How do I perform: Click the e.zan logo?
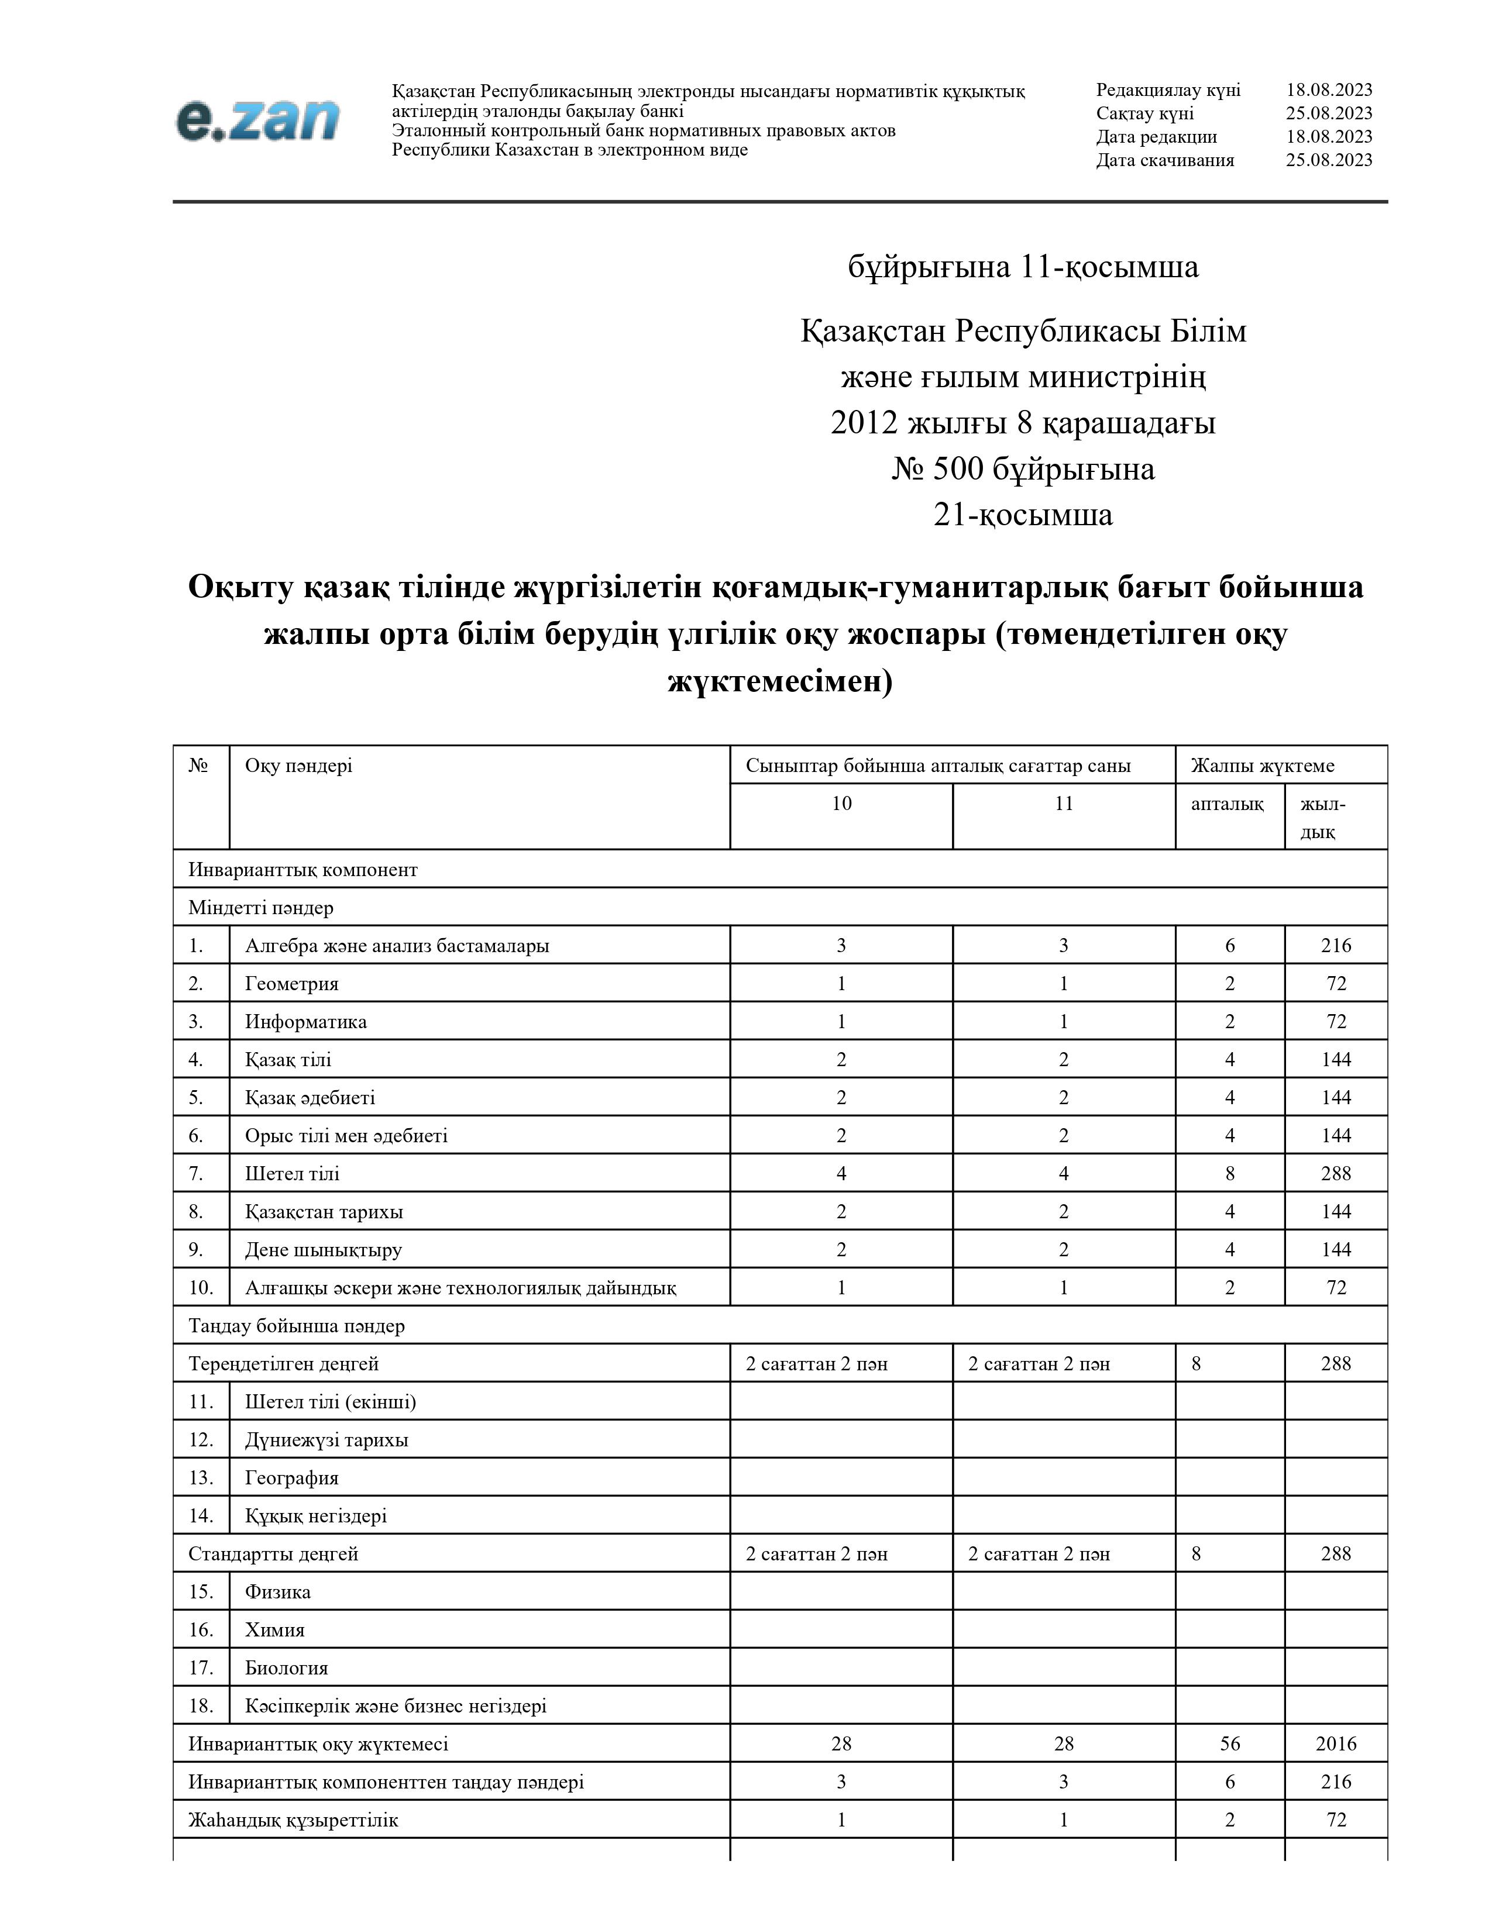[257, 121]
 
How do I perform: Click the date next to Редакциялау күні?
[1329, 90]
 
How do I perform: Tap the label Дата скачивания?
[1165, 160]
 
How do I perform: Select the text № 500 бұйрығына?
[1023, 469]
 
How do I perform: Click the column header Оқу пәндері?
[299, 766]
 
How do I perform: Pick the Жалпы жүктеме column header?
[1262, 766]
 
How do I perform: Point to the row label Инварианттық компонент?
[302, 870]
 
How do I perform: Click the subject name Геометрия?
[292, 984]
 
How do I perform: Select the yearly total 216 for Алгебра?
[1336, 946]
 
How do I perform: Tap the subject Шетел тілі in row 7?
[292, 1174]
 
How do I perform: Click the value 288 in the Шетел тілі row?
[1336, 1174]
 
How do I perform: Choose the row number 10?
[201, 1288]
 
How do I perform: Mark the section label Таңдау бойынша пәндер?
[296, 1325]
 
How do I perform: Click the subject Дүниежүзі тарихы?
[326, 1439]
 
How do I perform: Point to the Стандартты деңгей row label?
[273, 1553]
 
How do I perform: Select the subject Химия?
[275, 1629]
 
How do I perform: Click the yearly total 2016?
[1336, 1743]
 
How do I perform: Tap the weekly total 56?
[1229, 1743]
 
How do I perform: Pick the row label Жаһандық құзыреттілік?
[293, 1819]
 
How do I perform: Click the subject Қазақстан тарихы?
[324, 1212]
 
